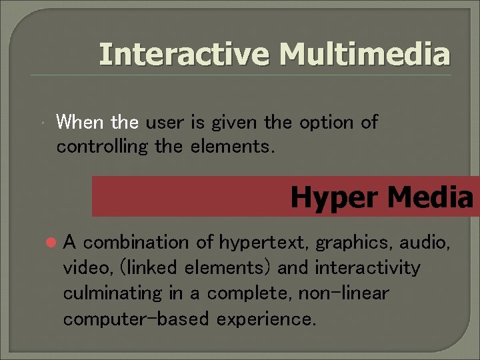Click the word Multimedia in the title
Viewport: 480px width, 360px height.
click(365, 54)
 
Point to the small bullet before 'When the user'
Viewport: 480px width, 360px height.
click(42, 123)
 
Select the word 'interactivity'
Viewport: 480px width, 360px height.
click(367, 268)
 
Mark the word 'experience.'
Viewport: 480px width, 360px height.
click(267, 319)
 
